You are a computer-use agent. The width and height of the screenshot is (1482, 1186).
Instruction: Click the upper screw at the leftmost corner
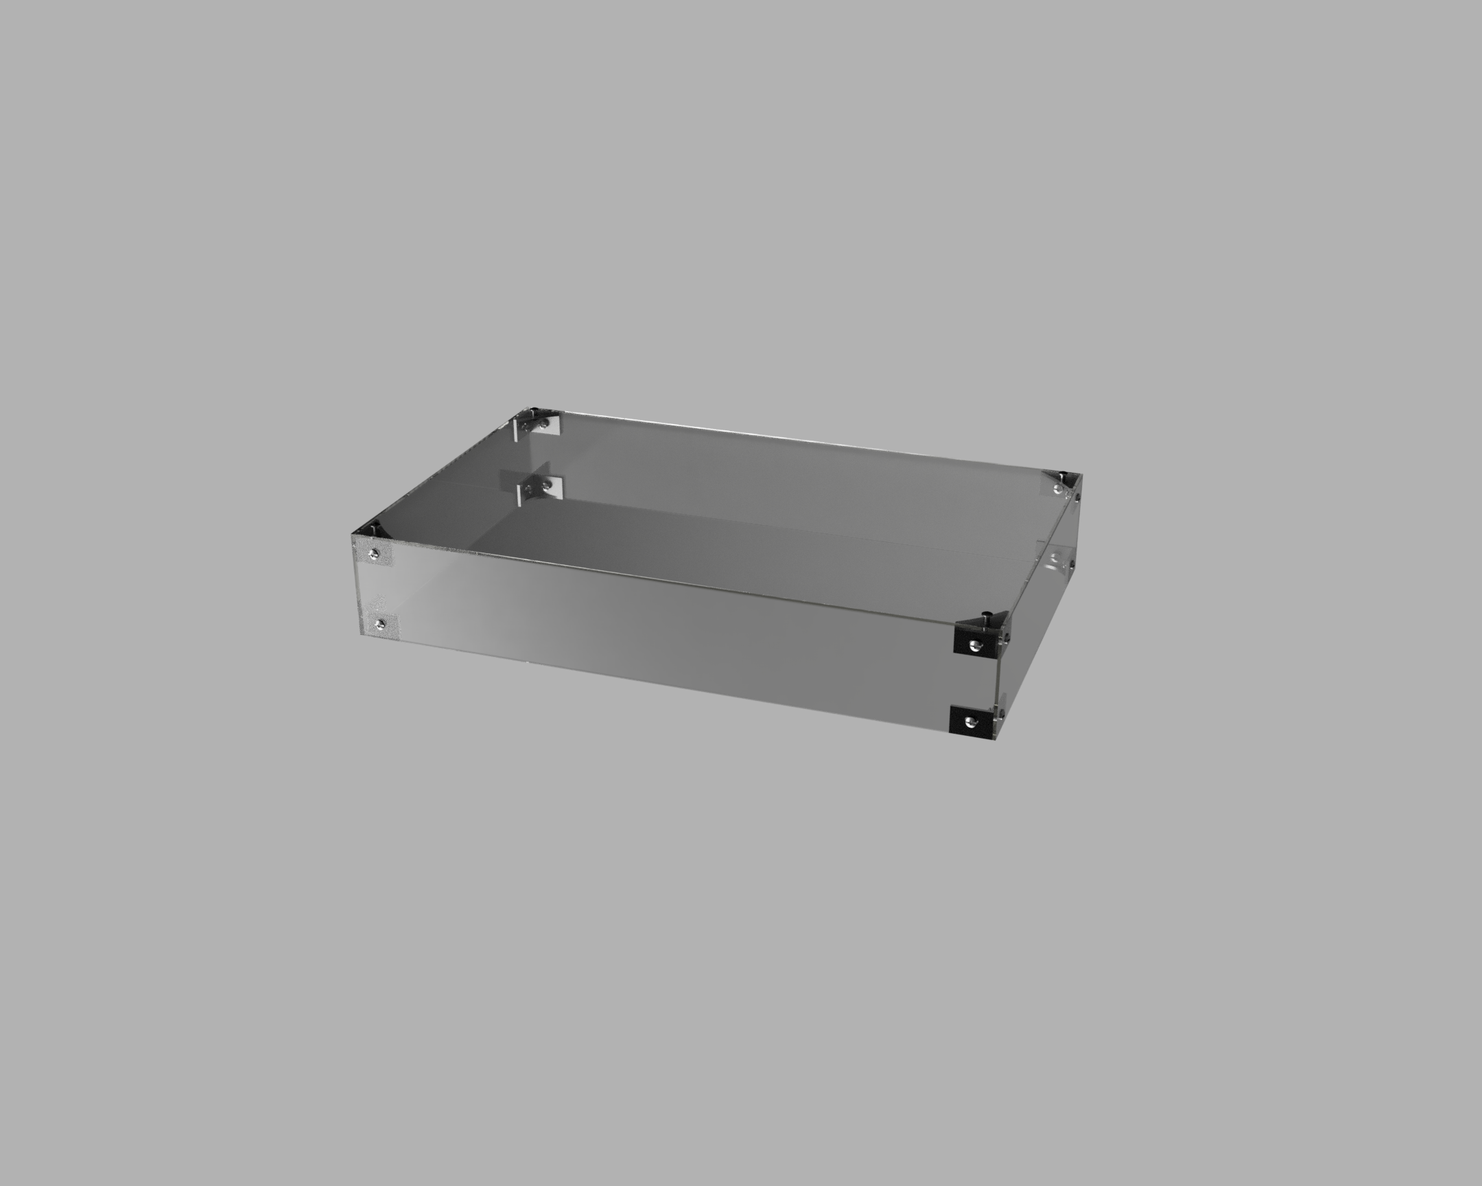tap(373, 553)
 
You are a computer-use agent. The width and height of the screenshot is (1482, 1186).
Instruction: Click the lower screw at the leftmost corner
tap(380, 624)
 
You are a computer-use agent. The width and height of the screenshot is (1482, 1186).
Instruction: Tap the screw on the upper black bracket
tap(974, 644)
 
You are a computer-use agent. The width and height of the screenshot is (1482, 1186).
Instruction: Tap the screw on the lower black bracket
tap(969, 721)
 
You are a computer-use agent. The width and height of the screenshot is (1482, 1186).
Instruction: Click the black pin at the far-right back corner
tap(1063, 475)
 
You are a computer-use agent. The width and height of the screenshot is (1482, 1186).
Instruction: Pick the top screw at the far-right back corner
tap(1057, 488)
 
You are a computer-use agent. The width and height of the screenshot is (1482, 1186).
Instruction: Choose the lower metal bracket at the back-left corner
tap(539, 488)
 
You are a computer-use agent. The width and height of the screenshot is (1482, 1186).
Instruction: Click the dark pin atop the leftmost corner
tap(375, 529)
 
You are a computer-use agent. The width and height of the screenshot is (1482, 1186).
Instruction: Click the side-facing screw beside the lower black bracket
tap(1001, 715)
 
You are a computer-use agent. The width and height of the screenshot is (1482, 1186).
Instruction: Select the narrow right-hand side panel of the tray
tap(1038, 605)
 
